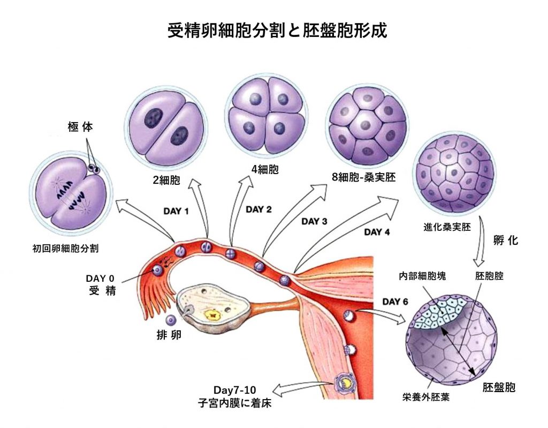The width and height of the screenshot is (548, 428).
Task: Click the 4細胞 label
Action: (x=265, y=171)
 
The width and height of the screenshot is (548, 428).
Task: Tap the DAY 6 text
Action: (x=395, y=302)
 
